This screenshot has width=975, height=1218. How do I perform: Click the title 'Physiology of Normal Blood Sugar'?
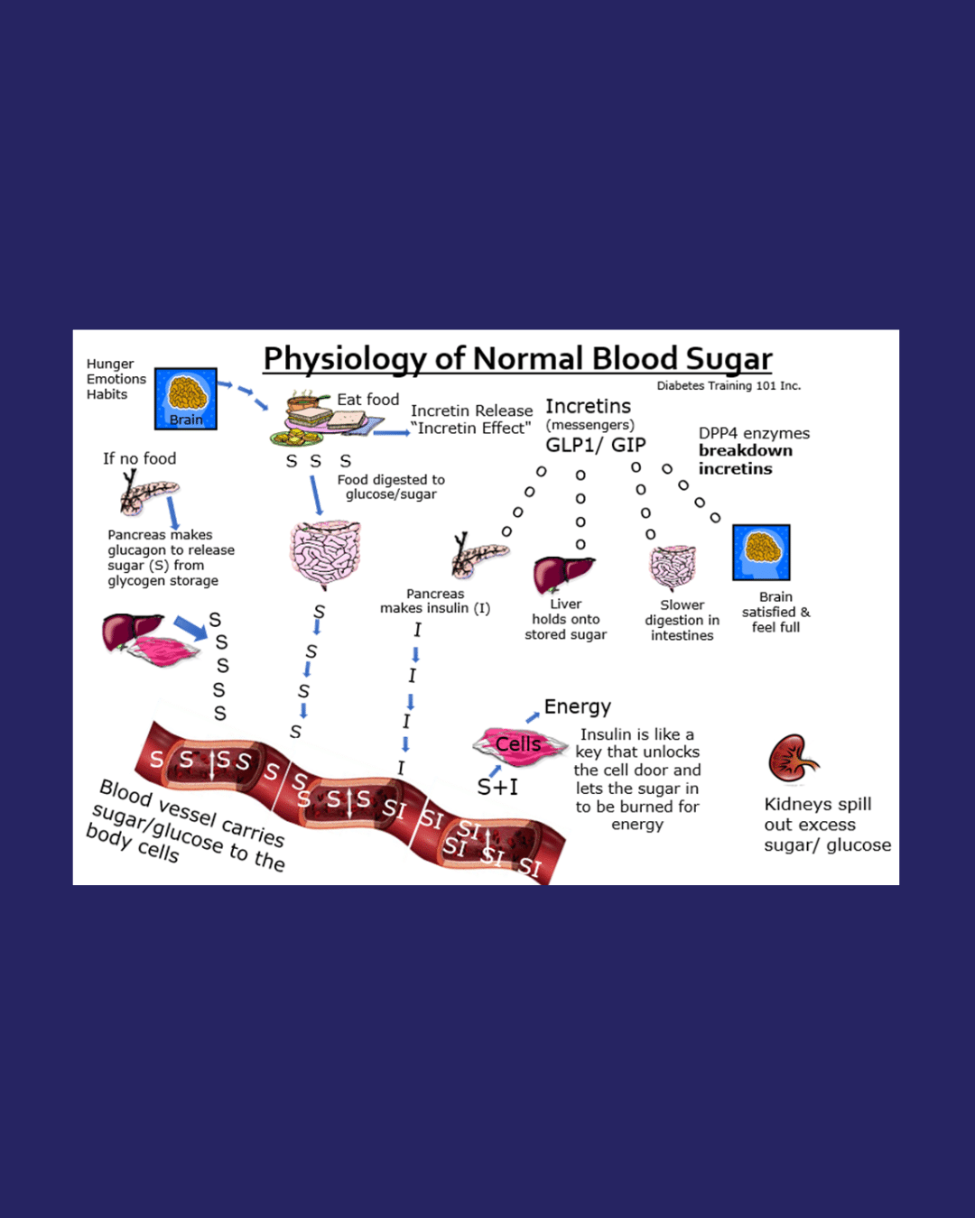coord(517,359)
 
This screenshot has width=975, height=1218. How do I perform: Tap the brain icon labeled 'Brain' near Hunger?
coord(186,398)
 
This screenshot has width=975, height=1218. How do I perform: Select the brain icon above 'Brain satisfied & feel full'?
coord(761,552)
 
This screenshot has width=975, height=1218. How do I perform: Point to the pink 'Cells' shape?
coord(519,745)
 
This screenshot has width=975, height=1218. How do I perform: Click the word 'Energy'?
coord(578,706)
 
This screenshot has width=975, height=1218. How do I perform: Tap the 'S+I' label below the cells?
coord(497,788)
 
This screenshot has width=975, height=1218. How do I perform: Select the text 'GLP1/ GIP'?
coord(596,445)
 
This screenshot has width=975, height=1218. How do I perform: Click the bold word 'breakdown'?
coord(745,450)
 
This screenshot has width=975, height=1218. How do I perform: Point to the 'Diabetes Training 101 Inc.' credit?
coord(729,386)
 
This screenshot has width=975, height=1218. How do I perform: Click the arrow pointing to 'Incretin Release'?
coord(391,433)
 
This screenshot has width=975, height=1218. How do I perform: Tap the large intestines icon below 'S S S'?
coord(325,552)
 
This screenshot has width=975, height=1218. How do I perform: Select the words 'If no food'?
coord(140,458)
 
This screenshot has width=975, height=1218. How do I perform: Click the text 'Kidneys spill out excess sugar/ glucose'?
coord(826,825)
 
